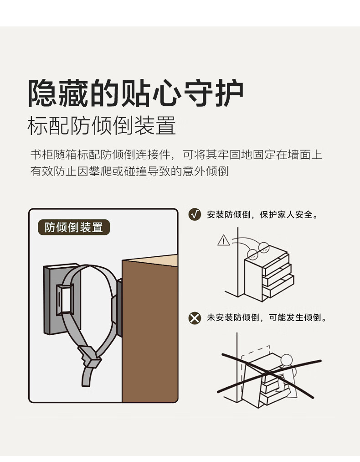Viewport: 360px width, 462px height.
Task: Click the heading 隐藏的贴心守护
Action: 136,93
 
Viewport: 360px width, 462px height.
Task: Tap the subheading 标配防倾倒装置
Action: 102,125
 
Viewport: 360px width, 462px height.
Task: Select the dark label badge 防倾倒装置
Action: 74,227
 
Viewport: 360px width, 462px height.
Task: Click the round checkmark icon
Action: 195,214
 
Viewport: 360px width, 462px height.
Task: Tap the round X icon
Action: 195,318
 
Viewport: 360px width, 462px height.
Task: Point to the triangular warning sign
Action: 223,240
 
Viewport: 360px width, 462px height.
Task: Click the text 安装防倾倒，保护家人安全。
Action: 263,214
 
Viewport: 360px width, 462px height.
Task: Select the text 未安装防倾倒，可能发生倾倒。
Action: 267,317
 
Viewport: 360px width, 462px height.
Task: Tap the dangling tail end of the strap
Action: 87,377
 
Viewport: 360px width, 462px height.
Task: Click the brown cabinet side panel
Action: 150,332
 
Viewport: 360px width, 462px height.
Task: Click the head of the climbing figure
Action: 287,360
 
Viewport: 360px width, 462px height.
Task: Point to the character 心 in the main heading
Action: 167,93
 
